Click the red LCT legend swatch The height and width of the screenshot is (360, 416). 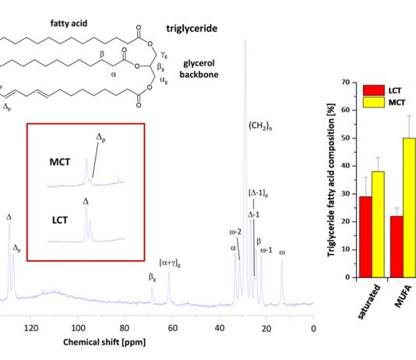pyautogui.click(x=374, y=90)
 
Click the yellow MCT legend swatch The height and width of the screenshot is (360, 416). pyautogui.click(x=374, y=102)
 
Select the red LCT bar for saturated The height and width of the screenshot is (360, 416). pyautogui.click(x=366, y=237)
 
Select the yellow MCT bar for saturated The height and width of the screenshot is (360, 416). pyautogui.click(x=379, y=224)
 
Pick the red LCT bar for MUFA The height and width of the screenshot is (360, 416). pyautogui.click(x=397, y=247)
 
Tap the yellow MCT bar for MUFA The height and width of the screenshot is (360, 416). pyautogui.click(x=409, y=208)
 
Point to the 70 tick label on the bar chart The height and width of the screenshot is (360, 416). pyautogui.click(x=345, y=83)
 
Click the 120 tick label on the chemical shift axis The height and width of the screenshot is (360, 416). pyautogui.click(x=31, y=328)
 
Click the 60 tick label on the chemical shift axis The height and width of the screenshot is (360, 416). pyautogui.click(x=172, y=328)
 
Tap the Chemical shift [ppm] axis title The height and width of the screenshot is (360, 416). pyautogui.click(x=104, y=342)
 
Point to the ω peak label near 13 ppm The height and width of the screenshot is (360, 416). pyautogui.click(x=282, y=252)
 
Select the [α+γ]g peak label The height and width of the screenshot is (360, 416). pyautogui.click(x=170, y=263)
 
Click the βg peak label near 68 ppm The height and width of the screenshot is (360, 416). pyautogui.click(x=152, y=277)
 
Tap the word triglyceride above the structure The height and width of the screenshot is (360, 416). pyautogui.click(x=192, y=29)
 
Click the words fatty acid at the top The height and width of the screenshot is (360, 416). pyautogui.click(x=69, y=23)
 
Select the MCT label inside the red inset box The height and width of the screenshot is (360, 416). pyautogui.click(x=60, y=162)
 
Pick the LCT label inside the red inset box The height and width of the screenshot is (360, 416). pyautogui.click(x=60, y=221)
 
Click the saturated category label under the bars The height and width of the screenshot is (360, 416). pyautogui.click(x=369, y=302)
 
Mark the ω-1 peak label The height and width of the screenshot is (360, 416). pyautogui.click(x=266, y=250)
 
